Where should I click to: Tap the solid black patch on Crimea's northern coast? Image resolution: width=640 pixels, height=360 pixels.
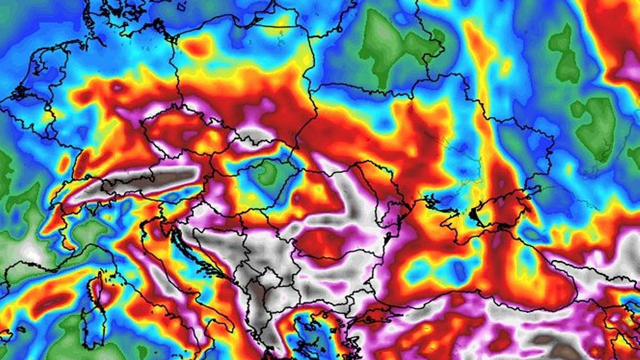click(x=473, y=214)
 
